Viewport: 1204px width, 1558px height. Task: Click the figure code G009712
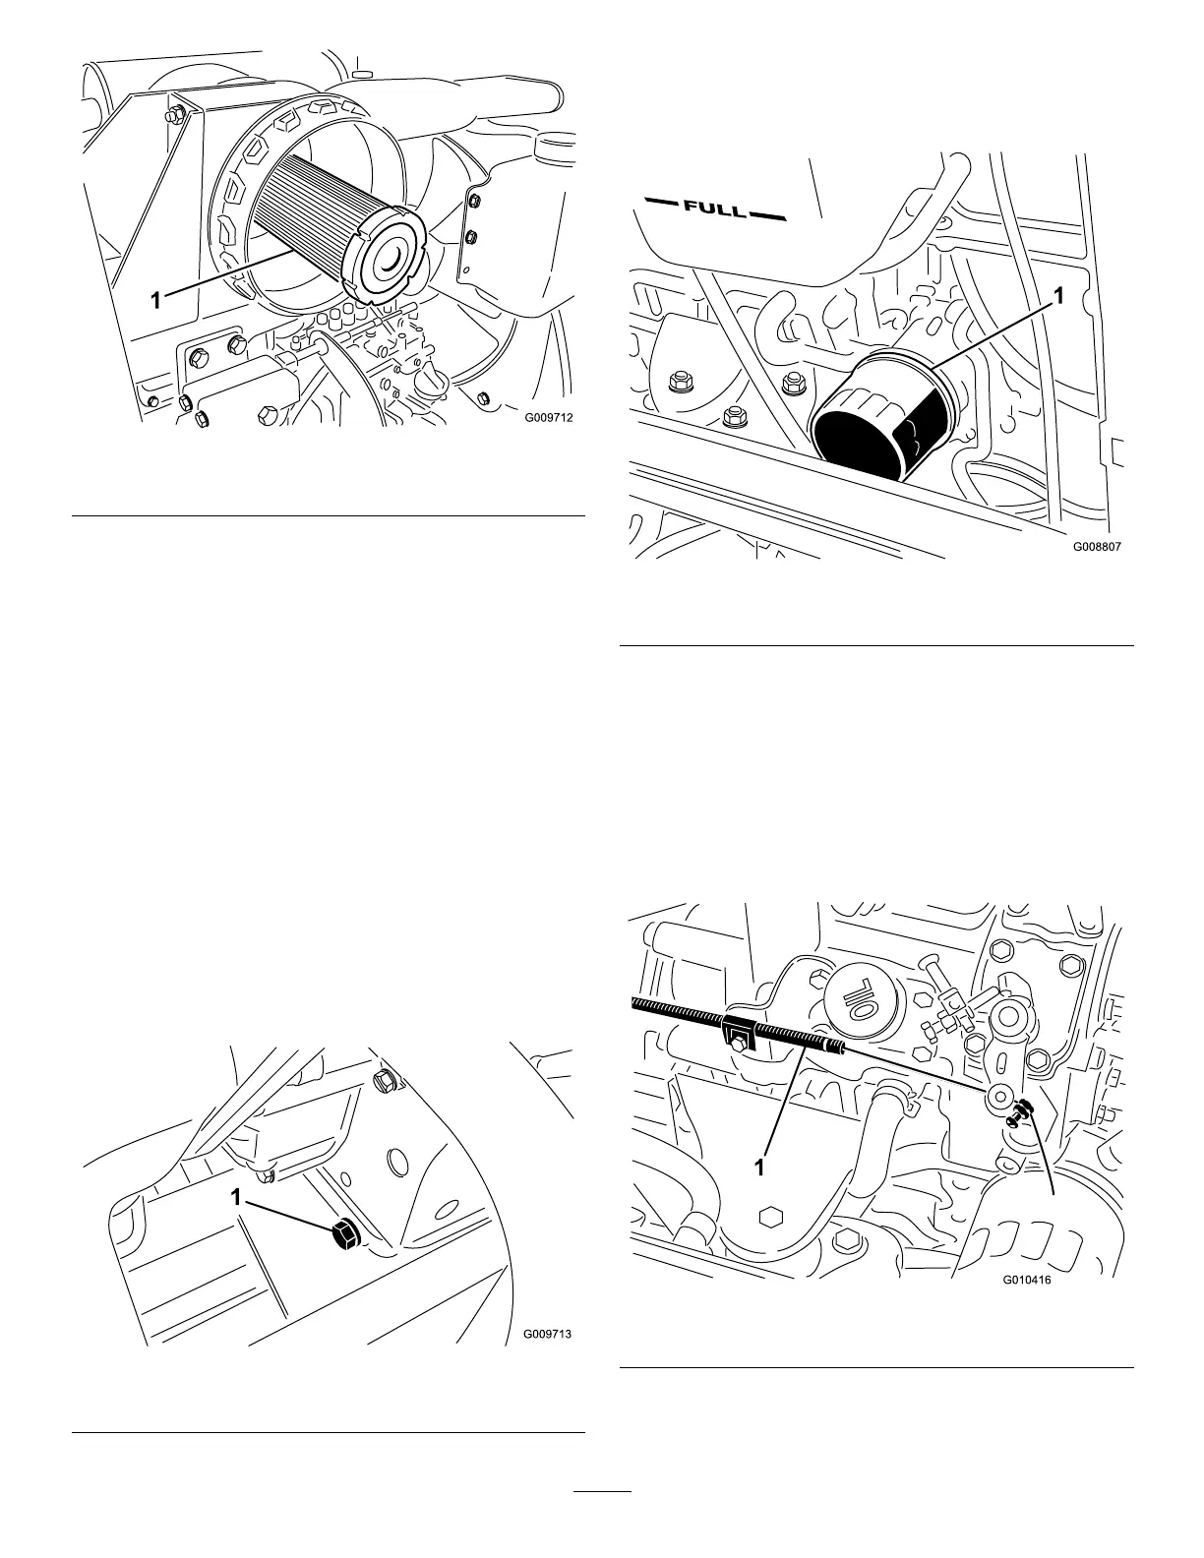548,417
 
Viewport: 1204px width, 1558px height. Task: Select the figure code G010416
1028,1282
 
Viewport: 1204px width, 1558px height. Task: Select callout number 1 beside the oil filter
1058,296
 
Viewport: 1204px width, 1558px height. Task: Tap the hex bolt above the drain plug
385,1082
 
